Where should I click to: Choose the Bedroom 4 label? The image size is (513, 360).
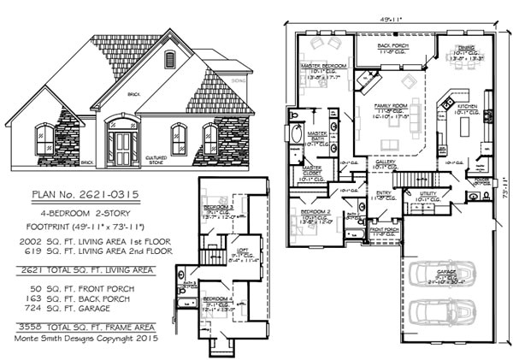click(215, 298)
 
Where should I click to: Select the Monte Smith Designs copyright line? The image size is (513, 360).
click(87, 339)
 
